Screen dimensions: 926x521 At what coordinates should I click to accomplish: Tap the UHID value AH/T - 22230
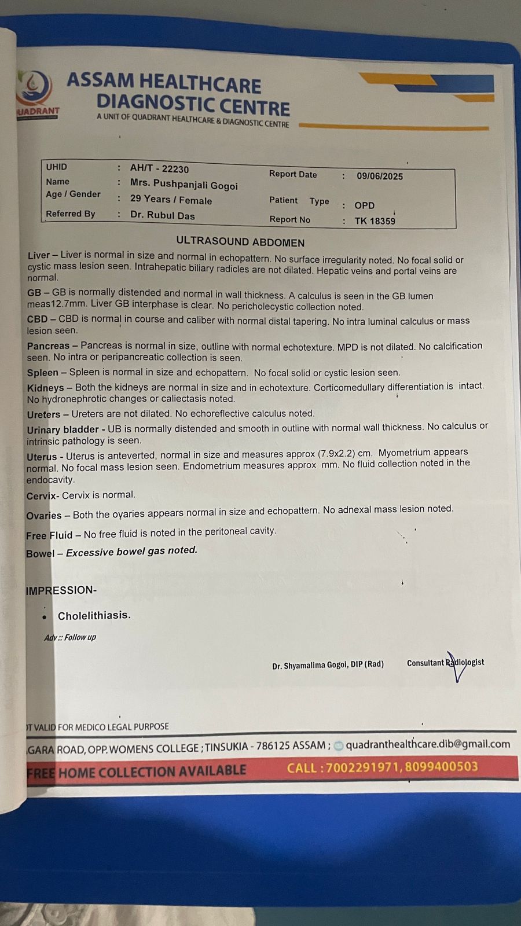pyautogui.click(x=159, y=168)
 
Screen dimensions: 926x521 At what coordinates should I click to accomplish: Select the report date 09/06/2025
pyautogui.click(x=380, y=176)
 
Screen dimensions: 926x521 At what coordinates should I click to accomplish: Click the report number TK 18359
pyautogui.click(x=375, y=221)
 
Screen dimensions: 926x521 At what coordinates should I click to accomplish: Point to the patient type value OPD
pyautogui.click(x=364, y=205)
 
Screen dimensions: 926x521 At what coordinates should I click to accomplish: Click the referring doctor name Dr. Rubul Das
pyautogui.click(x=162, y=215)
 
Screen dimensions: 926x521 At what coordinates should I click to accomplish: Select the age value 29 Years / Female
pyautogui.click(x=171, y=200)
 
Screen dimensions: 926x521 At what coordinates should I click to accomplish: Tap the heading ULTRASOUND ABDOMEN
pyautogui.click(x=240, y=242)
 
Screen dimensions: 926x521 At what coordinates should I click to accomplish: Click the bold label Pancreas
pyautogui.click(x=48, y=346)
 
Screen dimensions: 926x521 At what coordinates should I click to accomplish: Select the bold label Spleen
pyautogui.click(x=42, y=373)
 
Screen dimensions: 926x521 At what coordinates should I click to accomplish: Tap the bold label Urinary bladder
pyautogui.click(x=63, y=429)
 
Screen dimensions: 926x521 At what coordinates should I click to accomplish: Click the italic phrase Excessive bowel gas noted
pyautogui.click(x=131, y=551)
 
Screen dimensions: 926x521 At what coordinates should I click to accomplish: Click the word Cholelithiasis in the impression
pyautogui.click(x=94, y=615)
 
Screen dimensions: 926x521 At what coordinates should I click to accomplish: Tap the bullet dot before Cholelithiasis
pyautogui.click(x=44, y=618)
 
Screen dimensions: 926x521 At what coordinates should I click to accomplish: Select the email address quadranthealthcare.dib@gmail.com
pyautogui.click(x=428, y=744)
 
